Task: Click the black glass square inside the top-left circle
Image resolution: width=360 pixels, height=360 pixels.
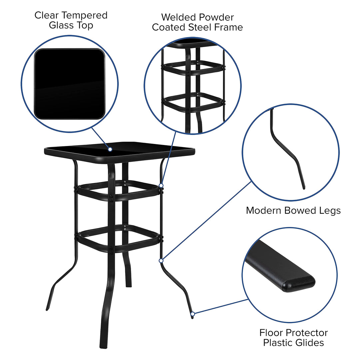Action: click(x=69, y=84)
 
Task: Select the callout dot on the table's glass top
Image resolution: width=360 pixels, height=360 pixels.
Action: click(x=110, y=149)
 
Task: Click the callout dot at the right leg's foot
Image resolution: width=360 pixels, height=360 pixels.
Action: click(x=192, y=314)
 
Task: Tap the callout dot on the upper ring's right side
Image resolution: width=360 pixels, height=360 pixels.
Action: click(x=161, y=185)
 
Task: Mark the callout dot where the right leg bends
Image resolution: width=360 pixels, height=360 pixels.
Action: click(x=161, y=260)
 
